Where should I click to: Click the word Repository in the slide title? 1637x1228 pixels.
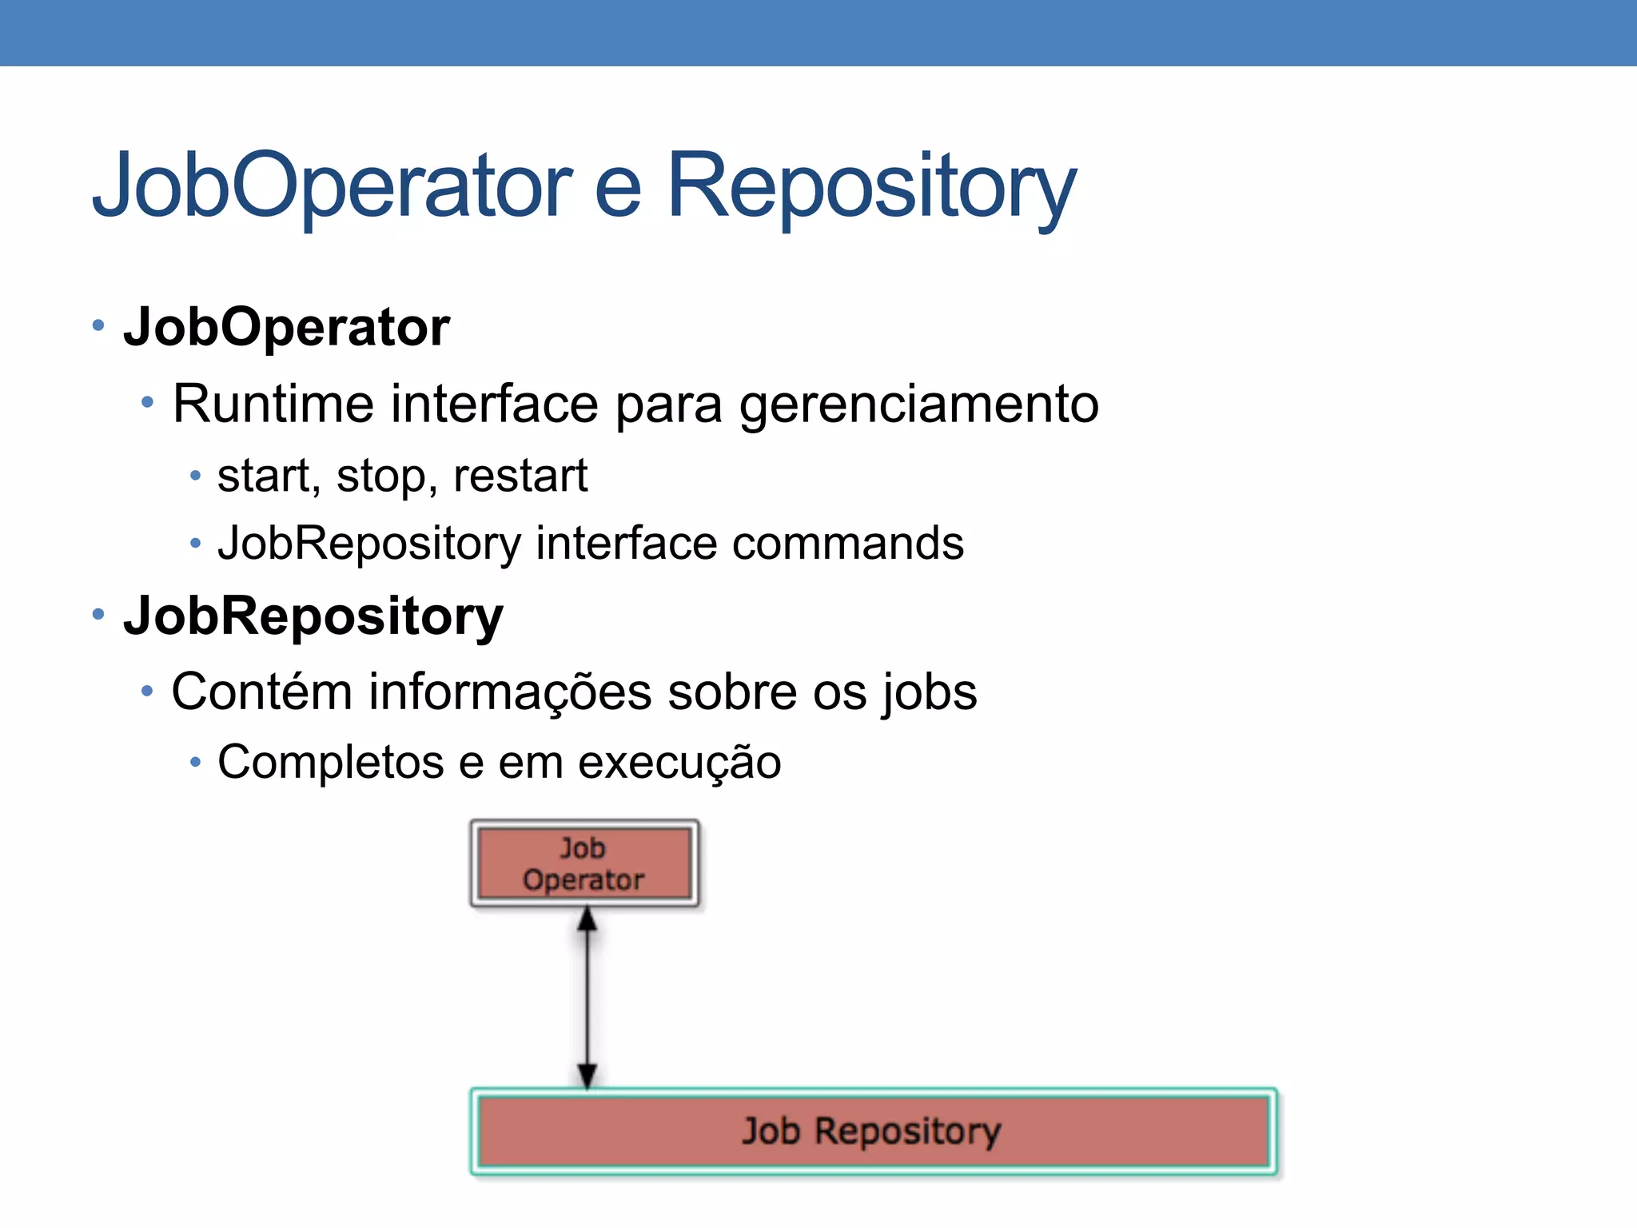point(871,188)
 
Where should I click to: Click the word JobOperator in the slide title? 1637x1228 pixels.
point(332,188)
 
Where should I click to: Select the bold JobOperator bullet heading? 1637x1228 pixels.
point(286,328)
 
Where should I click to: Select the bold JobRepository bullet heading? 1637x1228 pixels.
point(313,616)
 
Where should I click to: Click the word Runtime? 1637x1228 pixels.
point(273,404)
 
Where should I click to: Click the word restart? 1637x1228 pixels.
point(520,476)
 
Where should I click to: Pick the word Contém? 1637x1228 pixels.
point(261,692)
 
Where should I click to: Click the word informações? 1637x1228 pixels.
point(509,693)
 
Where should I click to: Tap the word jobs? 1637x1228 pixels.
point(929,693)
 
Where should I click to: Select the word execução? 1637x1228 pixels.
point(679,764)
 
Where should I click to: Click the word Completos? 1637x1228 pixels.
point(330,764)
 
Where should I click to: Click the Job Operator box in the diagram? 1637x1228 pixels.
point(584,864)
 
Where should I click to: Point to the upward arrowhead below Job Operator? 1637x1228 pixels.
point(587,920)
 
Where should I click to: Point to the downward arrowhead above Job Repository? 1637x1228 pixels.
point(587,1075)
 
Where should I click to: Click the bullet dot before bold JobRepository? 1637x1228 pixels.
point(98,614)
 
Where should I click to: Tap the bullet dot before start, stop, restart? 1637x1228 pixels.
point(196,476)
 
